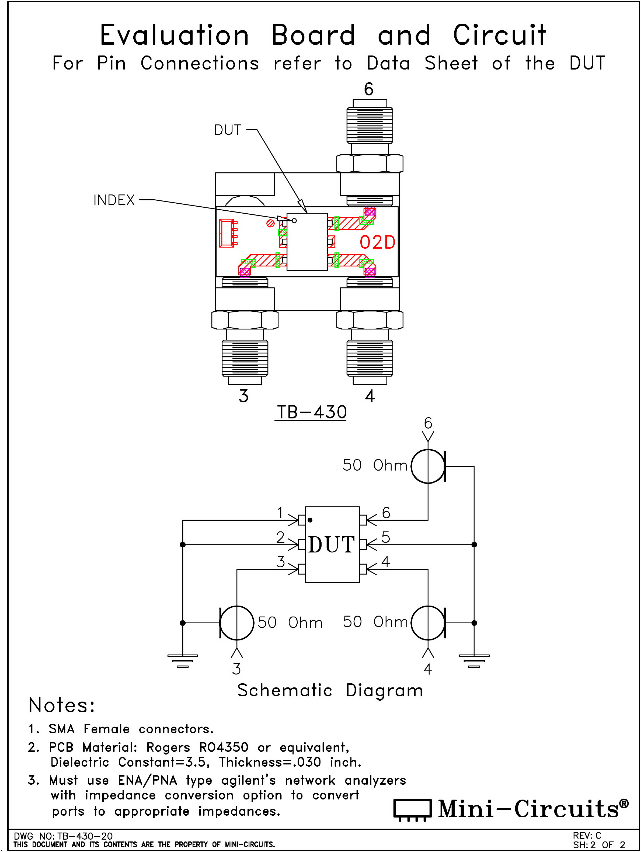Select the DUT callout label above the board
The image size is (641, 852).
228,130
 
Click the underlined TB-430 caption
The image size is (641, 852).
311,412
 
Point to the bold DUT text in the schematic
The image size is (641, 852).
332,545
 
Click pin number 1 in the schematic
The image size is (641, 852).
280,513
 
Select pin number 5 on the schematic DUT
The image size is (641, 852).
386,537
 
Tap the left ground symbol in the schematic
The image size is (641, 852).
183,660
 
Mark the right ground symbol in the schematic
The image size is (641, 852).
474,660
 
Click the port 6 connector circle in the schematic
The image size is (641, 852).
428,466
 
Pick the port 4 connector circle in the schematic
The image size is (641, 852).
428,623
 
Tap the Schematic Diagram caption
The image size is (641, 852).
330,690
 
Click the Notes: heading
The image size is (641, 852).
62,705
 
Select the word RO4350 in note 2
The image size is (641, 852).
224,747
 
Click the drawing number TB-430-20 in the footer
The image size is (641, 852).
85,836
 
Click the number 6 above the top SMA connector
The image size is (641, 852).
369,89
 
